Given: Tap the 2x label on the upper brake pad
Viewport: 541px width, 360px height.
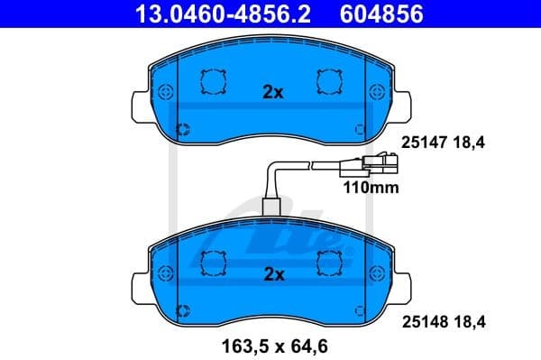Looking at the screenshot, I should click(272, 92).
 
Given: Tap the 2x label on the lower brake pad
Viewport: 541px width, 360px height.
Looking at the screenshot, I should click(272, 272).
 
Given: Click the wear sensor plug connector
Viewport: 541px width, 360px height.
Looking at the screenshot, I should click(379, 164).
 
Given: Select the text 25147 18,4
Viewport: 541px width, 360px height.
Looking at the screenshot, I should click(436, 143).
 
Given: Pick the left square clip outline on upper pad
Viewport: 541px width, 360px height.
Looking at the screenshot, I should click(213, 81).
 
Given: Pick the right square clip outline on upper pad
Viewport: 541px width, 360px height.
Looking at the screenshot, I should click(328, 81).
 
